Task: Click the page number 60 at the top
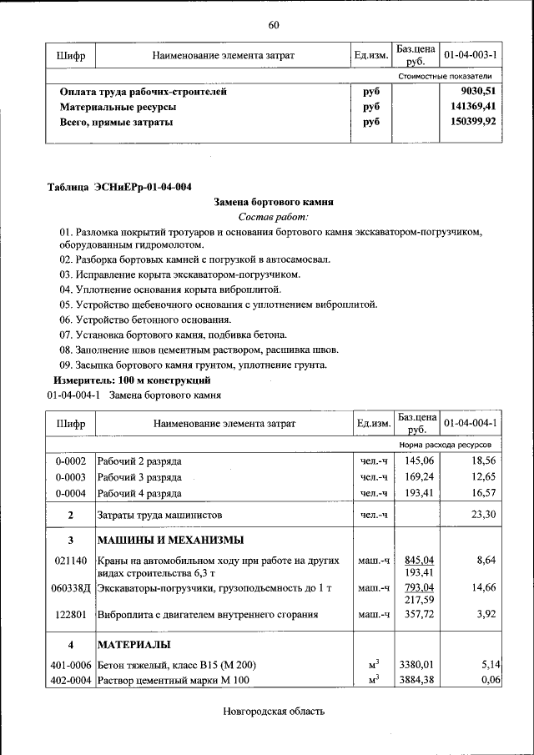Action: point(273,24)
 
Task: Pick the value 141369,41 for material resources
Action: point(473,106)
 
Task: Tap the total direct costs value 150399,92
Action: point(473,121)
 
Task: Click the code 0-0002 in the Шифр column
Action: point(71,461)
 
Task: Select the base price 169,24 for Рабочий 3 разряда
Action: point(418,476)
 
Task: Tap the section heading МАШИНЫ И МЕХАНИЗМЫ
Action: point(170,539)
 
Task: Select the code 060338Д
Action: point(71,588)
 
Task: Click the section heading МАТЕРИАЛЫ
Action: point(134,645)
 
